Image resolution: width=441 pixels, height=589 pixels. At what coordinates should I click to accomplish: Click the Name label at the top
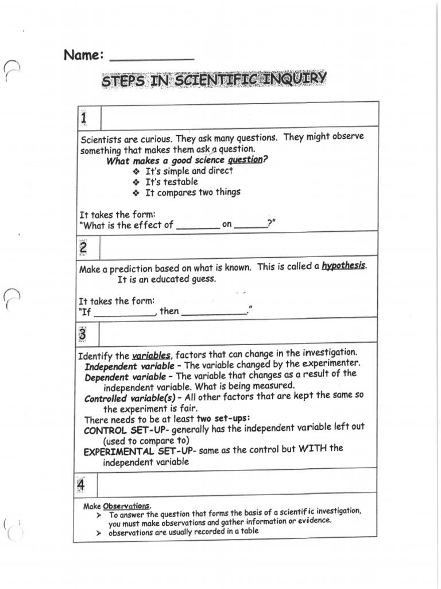coord(83,55)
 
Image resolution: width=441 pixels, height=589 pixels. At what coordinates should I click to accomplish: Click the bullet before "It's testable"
coord(136,182)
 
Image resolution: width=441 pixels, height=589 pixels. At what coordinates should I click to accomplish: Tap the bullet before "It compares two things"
coord(136,193)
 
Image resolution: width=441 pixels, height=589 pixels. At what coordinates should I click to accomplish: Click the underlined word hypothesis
coord(343,266)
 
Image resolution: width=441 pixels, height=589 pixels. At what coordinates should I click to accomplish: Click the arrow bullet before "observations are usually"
coord(99,533)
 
